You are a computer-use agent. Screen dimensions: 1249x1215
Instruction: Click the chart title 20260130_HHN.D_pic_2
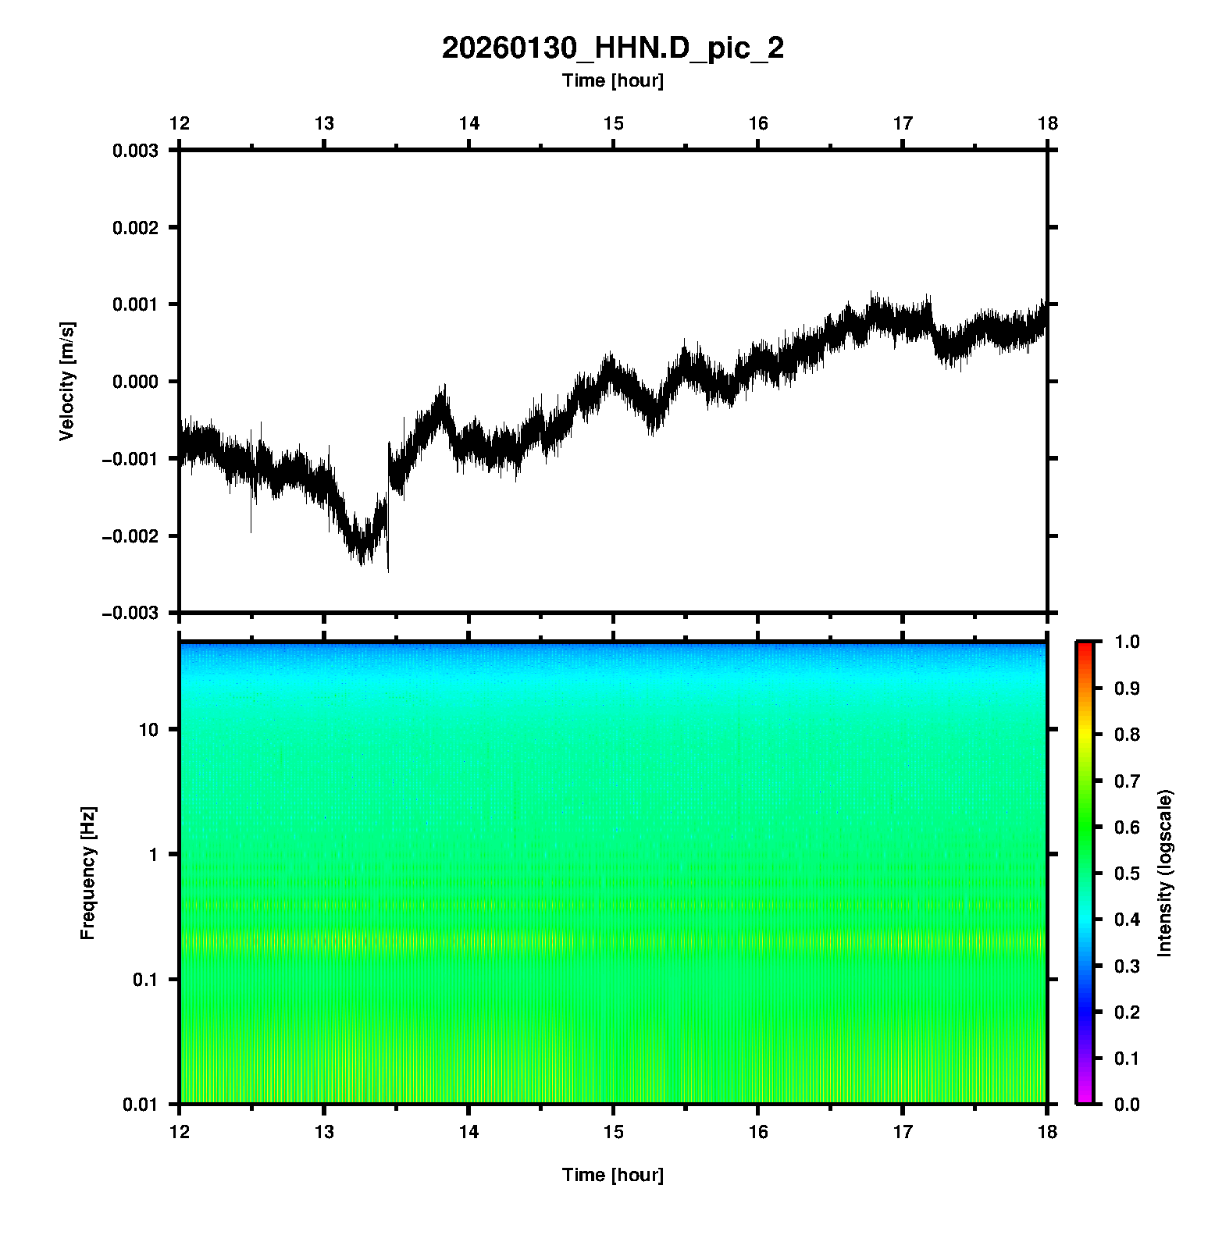[x=612, y=48]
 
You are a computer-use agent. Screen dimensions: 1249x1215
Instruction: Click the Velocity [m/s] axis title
[x=67, y=381]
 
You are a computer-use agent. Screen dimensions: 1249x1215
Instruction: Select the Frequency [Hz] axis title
[x=87, y=874]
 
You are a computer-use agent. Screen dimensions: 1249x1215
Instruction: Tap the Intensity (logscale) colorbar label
[x=1165, y=873]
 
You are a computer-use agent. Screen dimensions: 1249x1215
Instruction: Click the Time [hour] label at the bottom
[x=612, y=1175]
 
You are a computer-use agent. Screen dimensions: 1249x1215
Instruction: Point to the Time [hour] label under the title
[x=612, y=80]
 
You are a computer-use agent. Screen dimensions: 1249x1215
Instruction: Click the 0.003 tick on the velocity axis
[x=135, y=151]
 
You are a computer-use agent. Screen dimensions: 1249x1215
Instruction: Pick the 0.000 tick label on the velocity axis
[x=135, y=382]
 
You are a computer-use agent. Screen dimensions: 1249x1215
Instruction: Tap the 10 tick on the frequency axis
[x=148, y=730]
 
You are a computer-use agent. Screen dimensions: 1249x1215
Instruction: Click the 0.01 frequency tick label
[x=141, y=1104]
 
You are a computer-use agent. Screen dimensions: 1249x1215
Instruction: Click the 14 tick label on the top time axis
[x=469, y=123]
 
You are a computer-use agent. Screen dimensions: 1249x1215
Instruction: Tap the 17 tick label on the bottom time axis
[x=903, y=1132]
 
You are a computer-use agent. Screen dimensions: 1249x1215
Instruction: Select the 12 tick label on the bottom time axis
[x=180, y=1132]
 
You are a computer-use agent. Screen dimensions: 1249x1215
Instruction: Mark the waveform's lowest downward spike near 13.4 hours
[x=388, y=570]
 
